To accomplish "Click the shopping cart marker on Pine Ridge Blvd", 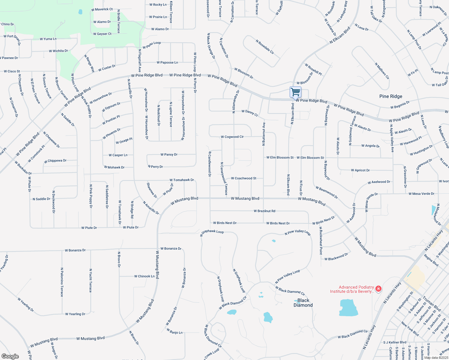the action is [295, 92].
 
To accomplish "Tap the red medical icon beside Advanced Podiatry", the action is [378, 289].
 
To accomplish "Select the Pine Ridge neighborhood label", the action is [390, 96].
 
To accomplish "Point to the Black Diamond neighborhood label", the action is [303, 303].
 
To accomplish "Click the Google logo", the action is [10, 356].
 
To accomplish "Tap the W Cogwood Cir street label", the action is [232, 137].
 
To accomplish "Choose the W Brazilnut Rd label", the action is [264, 211].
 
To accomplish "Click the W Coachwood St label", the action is [244, 178].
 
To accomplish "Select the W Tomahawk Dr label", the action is [182, 180].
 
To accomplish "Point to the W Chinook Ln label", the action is [144, 276].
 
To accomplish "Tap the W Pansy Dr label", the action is [169, 155].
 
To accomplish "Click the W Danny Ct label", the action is [250, 113].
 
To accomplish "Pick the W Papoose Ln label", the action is [167, 63].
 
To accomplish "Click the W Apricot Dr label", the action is [360, 170].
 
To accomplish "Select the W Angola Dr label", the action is [370, 146].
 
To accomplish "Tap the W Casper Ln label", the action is [118, 155].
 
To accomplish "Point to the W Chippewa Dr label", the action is [55, 161].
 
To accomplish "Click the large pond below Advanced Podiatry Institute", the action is [349, 308].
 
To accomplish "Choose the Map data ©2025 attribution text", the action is [436, 358].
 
